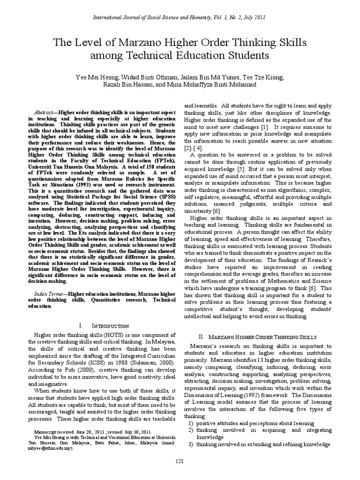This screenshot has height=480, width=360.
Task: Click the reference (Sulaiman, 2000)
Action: click(153, 363)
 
